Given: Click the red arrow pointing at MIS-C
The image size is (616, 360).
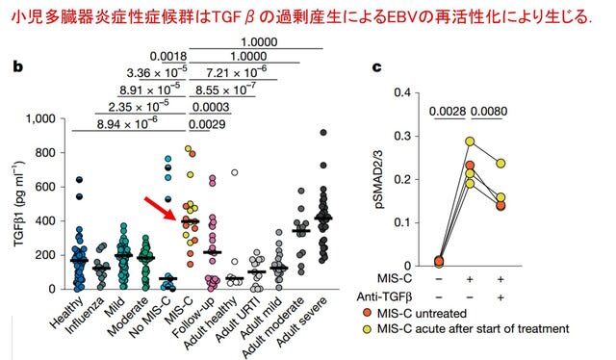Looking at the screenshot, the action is (161, 209).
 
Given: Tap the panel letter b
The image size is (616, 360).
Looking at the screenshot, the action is (17, 66).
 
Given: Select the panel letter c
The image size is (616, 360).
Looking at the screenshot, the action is (376, 67).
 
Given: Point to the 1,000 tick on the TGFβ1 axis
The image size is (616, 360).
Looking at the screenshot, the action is (40, 118).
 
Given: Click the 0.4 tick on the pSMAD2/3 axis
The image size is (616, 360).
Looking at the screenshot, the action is (402, 92).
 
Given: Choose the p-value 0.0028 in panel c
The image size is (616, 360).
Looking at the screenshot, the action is (448, 112).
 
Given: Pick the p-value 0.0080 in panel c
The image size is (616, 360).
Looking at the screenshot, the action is (489, 112).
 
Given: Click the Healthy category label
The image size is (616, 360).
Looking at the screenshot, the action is (66, 313).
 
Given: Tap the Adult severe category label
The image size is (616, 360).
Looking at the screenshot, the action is (301, 322).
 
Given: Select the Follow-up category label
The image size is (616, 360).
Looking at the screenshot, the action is (194, 318).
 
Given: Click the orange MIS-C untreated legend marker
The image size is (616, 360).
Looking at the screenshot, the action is (367, 313).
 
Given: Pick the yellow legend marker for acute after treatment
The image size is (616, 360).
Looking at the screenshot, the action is (367, 329).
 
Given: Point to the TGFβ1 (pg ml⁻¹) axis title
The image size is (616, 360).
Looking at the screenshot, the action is (19, 204).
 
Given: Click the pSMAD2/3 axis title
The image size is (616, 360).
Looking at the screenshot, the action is (380, 179).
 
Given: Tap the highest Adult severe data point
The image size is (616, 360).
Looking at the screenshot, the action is (323, 133).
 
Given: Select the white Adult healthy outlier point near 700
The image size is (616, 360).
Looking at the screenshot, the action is (235, 172).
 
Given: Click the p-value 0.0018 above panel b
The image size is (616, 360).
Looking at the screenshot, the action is (168, 56).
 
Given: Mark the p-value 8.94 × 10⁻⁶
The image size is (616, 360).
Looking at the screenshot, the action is (127, 124).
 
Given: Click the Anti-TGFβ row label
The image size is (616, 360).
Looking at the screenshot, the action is (384, 296).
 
